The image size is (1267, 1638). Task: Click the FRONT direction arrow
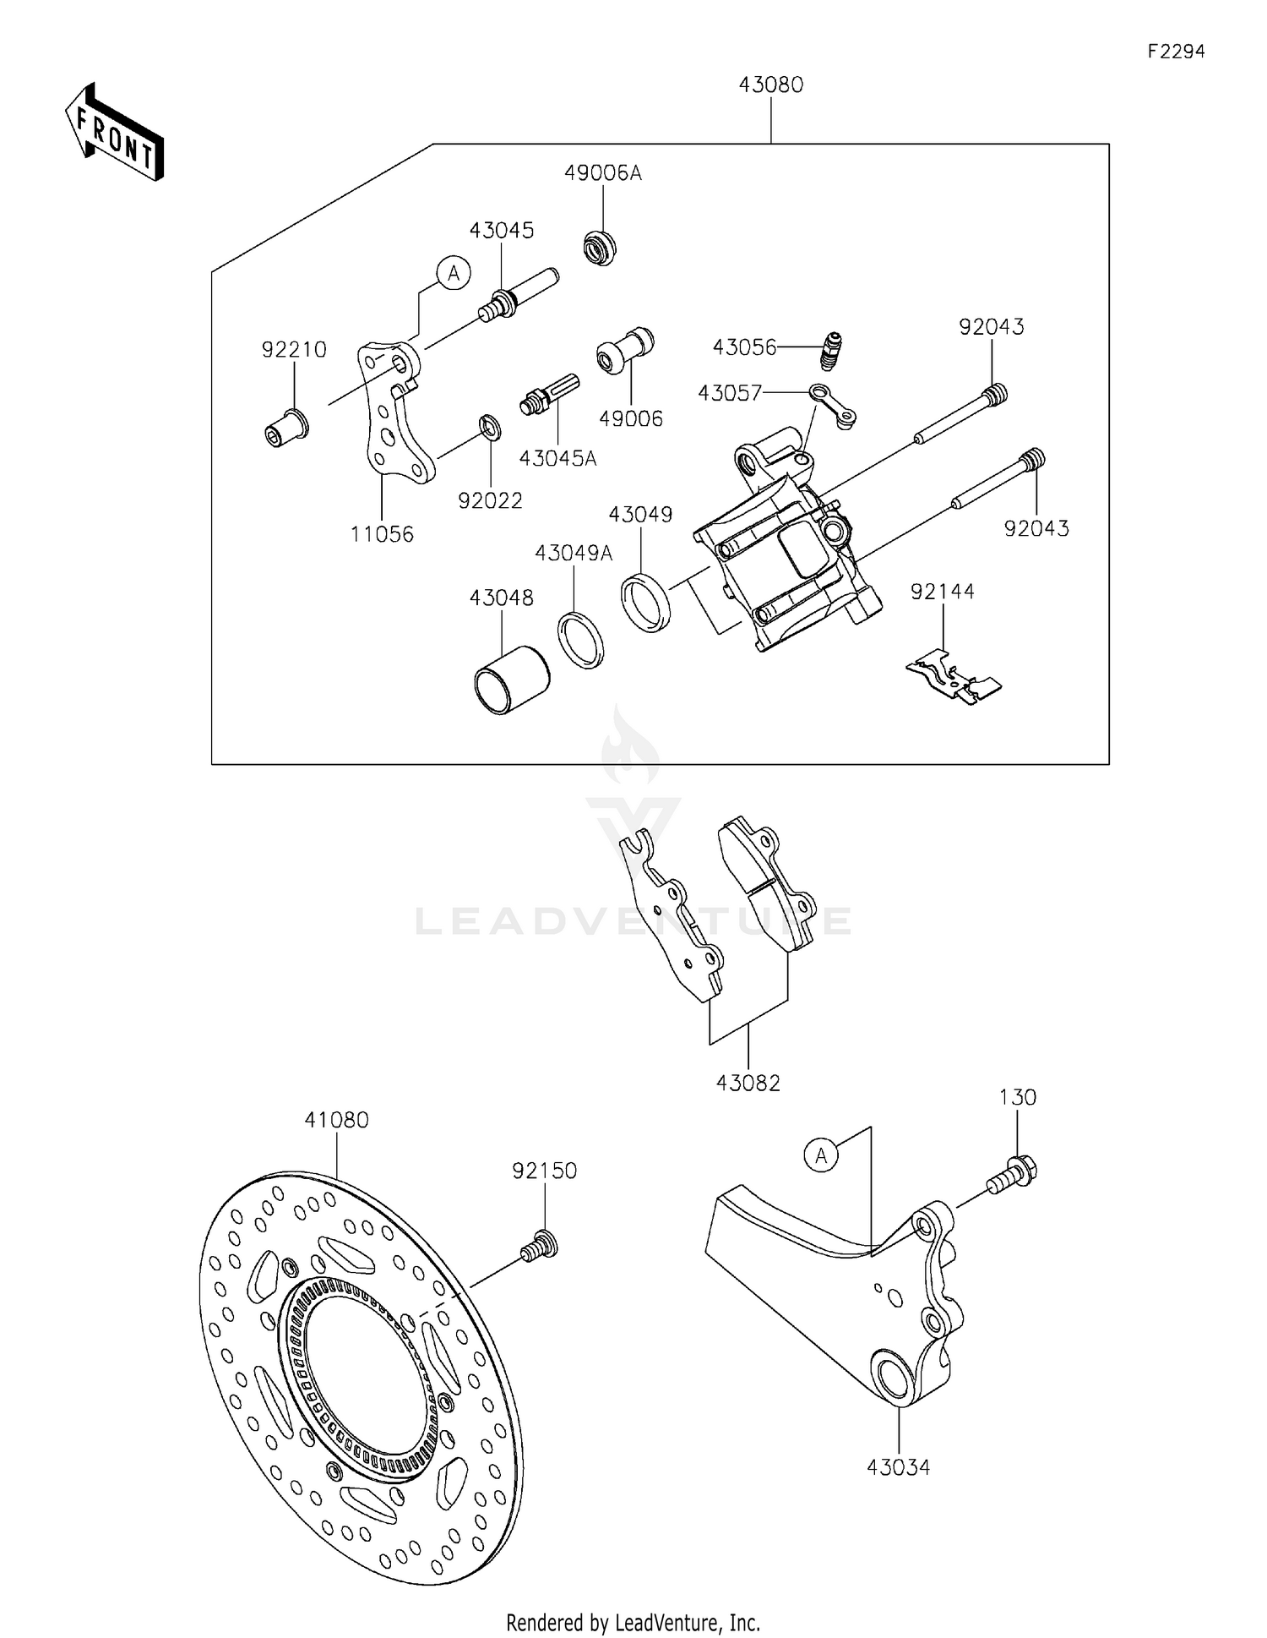(x=114, y=134)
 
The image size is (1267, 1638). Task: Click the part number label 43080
(x=770, y=85)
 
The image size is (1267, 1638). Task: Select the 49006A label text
(x=602, y=173)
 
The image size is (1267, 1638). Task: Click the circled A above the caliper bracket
(x=454, y=273)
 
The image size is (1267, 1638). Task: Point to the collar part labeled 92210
(x=285, y=428)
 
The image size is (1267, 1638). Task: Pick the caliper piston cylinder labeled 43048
(x=510, y=680)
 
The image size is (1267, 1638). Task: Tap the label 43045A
(x=557, y=459)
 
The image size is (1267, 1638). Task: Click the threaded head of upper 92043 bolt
(x=996, y=393)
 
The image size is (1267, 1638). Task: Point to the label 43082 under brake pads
(x=748, y=1083)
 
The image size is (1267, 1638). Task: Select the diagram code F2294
(x=1175, y=52)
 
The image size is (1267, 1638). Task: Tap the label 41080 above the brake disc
(x=336, y=1120)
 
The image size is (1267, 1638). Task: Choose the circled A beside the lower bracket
(x=821, y=1155)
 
